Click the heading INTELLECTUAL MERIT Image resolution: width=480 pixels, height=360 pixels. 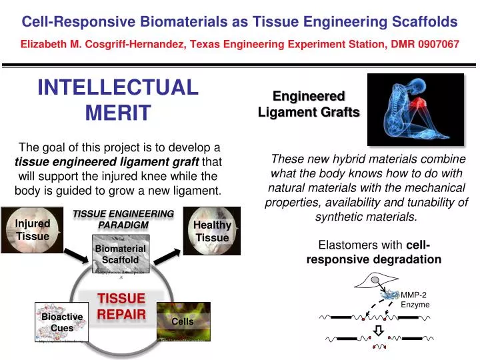[x=118, y=100]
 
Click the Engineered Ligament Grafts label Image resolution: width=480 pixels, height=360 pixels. [x=308, y=105]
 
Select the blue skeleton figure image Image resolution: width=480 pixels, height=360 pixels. [x=415, y=109]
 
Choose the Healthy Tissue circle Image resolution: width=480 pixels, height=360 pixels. [x=211, y=231]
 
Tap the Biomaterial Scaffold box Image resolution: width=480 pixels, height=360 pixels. [x=120, y=254]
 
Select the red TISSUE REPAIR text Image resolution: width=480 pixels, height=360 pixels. [x=122, y=306]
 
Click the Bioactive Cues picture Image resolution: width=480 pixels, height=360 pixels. [x=61, y=323]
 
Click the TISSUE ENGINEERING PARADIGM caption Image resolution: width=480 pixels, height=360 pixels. [x=123, y=219]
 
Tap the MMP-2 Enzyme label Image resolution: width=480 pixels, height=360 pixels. [x=415, y=299]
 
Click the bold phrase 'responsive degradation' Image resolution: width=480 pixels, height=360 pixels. [x=373, y=259]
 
